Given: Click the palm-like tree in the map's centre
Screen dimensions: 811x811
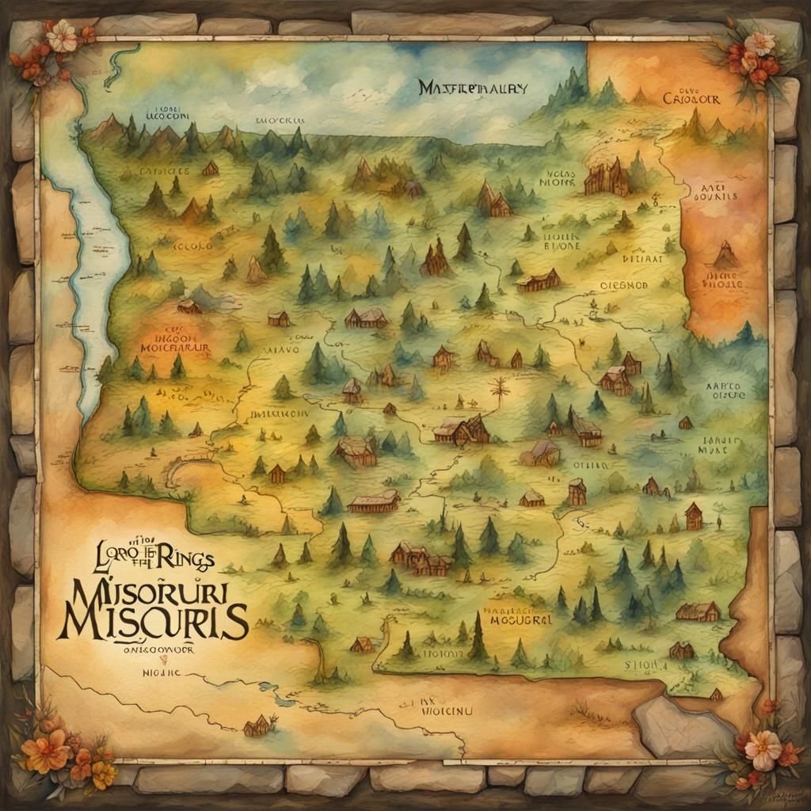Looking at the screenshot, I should pyautogui.click(x=499, y=390).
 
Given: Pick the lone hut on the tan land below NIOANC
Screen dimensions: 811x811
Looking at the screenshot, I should pyautogui.click(x=257, y=725).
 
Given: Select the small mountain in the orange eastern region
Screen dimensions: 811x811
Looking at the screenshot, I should pyautogui.click(x=725, y=255).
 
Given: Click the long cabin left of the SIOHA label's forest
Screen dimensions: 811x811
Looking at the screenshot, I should pyautogui.click(x=698, y=611).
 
